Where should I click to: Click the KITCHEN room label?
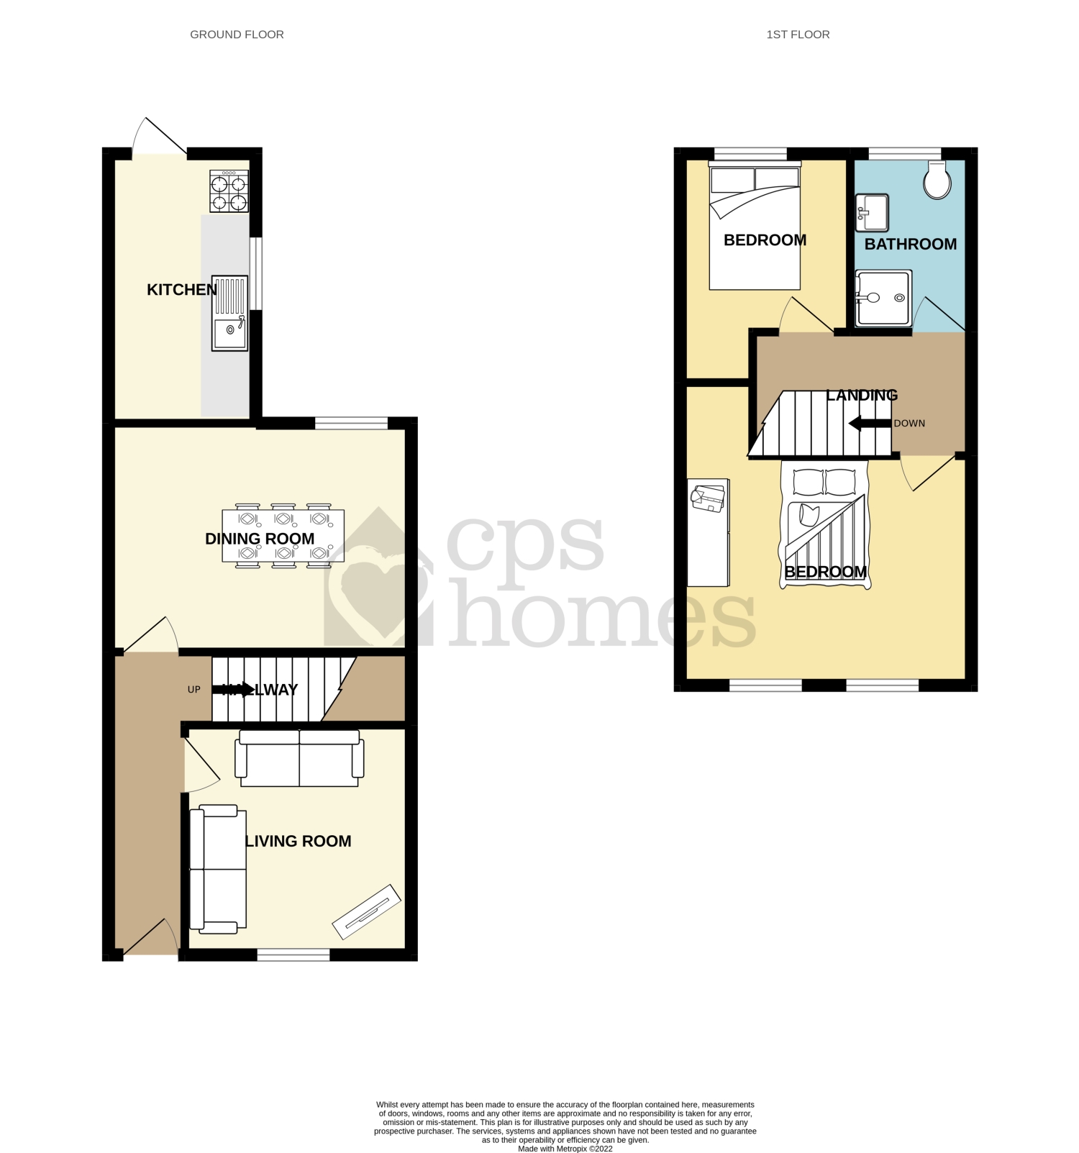click(181, 289)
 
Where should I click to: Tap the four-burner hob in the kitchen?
click(229, 191)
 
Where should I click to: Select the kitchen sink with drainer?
click(229, 313)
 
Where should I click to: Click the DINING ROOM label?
click(260, 539)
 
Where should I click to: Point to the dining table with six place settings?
click(283, 536)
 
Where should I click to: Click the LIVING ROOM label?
click(299, 841)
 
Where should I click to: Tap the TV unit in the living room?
click(366, 911)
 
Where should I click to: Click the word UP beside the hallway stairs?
click(194, 689)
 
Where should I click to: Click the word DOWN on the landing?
click(909, 423)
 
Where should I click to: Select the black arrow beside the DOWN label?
click(870, 424)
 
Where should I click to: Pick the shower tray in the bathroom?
click(883, 298)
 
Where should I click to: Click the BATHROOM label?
click(910, 244)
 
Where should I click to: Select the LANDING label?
click(861, 395)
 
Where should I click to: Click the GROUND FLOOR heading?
click(237, 35)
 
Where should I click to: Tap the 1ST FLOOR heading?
click(798, 35)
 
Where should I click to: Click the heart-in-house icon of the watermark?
click(377, 579)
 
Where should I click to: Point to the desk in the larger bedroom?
click(708, 532)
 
